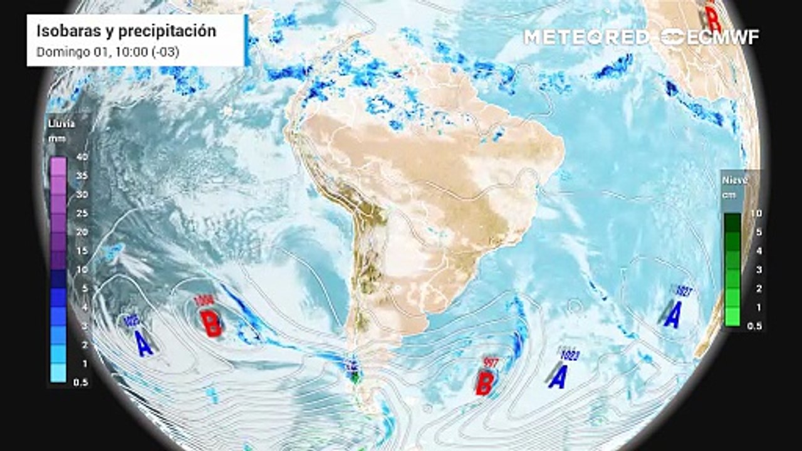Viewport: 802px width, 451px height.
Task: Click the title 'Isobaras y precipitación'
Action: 126,31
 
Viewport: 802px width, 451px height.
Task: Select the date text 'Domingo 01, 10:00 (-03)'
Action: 108,52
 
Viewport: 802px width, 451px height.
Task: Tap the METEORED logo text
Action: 586,37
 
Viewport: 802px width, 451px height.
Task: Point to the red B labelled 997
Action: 484,382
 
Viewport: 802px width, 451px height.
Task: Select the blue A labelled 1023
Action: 558,376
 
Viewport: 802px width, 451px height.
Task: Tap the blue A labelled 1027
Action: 673,314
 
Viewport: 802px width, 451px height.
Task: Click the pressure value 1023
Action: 570,356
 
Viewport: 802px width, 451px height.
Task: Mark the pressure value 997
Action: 489,361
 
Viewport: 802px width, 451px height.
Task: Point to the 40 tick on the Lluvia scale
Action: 81,157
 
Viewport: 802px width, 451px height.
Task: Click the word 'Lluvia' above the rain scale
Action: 61,123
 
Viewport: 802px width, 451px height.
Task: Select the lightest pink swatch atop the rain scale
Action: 58,166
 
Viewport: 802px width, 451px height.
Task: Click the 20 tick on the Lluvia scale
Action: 81,232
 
